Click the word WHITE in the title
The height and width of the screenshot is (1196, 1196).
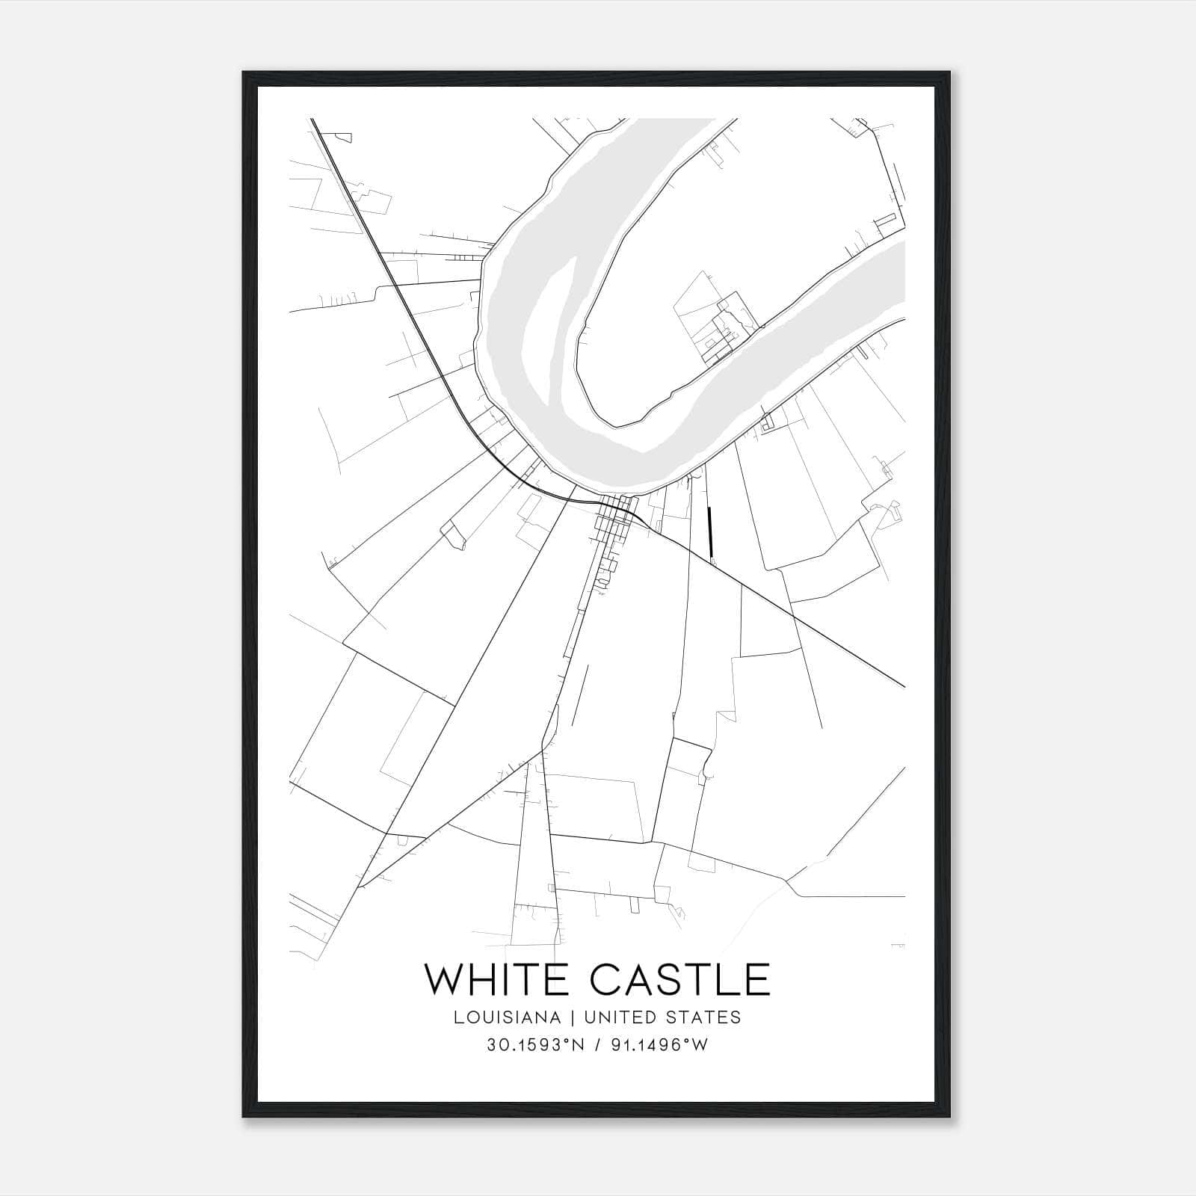coord(499,980)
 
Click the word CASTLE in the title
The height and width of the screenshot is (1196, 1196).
coord(680,980)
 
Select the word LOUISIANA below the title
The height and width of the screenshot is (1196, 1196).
coord(506,1017)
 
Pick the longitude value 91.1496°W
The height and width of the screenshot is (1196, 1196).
coord(658,1045)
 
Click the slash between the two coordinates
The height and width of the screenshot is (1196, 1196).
coord(598,1045)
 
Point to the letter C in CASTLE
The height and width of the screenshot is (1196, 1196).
coord(606,980)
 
